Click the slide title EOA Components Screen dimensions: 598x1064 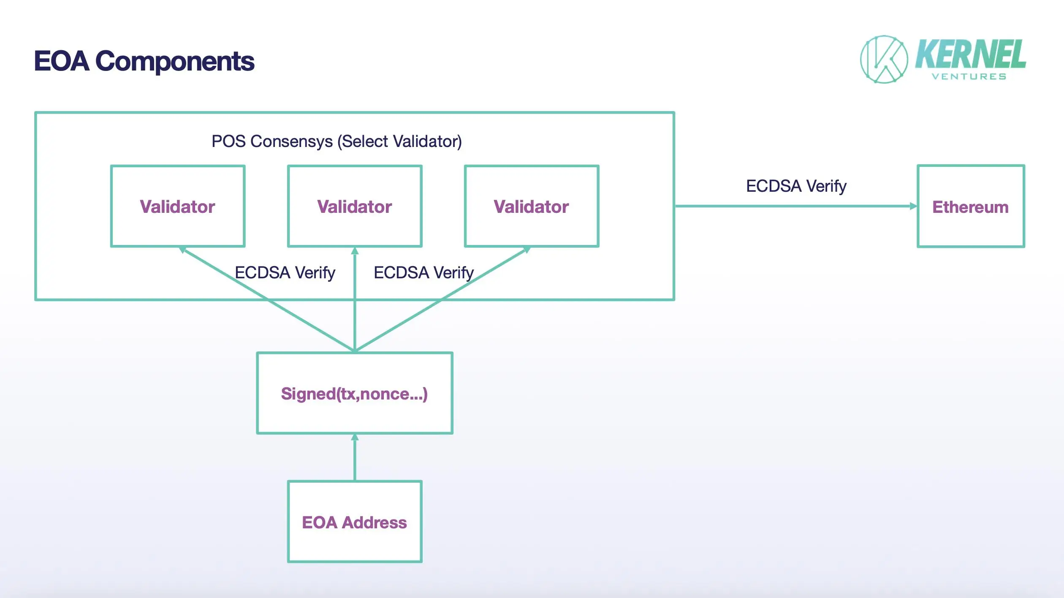[x=144, y=61]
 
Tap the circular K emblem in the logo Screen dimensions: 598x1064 [x=884, y=60]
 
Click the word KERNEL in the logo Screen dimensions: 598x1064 [x=970, y=54]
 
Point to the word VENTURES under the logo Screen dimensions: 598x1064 [x=969, y=77]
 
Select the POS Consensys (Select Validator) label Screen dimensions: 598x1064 [x=337, y=141]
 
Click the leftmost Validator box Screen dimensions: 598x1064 [x=178, y=206]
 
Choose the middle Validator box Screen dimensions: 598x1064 [x=355, y=206]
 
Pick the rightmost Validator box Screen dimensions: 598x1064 [x=532, y=206]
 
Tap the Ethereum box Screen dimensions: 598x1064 [x=971, y=206]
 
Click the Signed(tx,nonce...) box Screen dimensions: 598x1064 [x=355, y=393]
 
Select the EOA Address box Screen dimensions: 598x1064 [x=355, y=522]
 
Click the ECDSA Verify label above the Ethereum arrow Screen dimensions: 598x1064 [x=796, y=186]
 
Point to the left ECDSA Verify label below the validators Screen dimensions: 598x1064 [x=285, y=273]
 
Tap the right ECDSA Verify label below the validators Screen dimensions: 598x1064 [x=423, y=273]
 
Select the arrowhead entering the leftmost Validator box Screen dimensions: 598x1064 [x=183, y=250]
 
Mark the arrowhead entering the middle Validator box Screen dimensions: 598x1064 [x=355, y=251]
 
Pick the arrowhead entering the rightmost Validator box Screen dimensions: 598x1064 [x=526, y=250]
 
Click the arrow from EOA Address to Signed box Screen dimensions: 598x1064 [x=355, y=458]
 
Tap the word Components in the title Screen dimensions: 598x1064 [x=175, y=61]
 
